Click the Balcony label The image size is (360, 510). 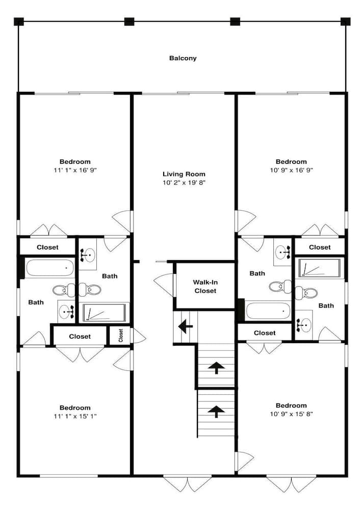183,58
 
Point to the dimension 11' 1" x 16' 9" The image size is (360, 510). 75,170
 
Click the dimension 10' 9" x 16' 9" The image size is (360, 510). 291,170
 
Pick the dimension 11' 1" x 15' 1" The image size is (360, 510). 75,416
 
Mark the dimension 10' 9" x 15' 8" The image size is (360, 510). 291,414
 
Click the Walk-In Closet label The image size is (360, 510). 204,286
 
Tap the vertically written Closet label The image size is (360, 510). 121,335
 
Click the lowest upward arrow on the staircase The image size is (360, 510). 216,411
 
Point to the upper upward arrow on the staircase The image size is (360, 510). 216,367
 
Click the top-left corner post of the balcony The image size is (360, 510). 19,21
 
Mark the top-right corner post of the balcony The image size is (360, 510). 345,21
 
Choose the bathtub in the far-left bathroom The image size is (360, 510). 49,268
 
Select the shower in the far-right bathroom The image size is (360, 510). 319,268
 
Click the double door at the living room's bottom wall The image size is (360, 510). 187,482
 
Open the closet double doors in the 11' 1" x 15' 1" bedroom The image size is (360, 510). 80,353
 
